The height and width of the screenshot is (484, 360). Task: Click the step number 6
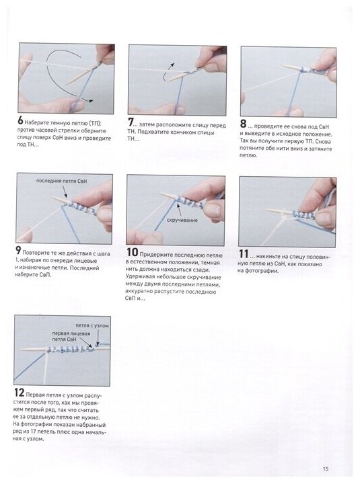pyautogui.click(x=21, y=120)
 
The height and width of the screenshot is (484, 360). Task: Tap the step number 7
pyautogui.click(x=131, y=122)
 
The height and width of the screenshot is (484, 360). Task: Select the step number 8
pyautogui.click(x=243, y=124)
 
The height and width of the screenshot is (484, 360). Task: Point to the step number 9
pyautogui.click(x=19, y=250)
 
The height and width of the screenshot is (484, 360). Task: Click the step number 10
pyautogui.click(x=133, y=252)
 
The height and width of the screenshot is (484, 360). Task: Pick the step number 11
pyautogui.click(x=244, y=253)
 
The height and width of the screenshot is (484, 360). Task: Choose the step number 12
pyautogui.click(x=19, y=393)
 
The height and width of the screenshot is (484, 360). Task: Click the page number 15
pyautogui.click(x=326, y=469)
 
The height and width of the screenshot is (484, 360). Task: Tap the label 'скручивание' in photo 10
pyautogui.click(x=182, y=220)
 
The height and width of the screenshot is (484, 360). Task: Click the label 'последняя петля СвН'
pyautogui.click(x=61, y=181)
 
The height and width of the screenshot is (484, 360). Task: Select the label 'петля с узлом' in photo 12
pyautogui.click(x=92, y=325)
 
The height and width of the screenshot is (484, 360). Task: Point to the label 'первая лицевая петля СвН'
pyautogui.click(x=71, y=336)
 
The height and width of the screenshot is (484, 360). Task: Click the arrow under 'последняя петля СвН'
pyautogui.click(x=65, y=192)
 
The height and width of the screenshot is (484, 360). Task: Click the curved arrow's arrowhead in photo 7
pyautogui.click(x=172, y=65)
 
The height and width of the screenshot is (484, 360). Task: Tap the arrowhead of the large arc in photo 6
pyautogui.click(x=90, y=101)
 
